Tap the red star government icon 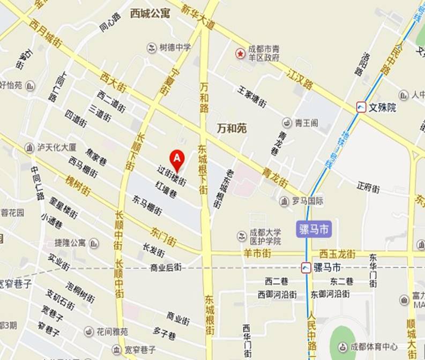(241, 54)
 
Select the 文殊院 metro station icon (362, 107)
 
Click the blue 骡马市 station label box (314, 230)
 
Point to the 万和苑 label (232, 129)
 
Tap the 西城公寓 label (150, 13)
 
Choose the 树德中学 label (175, 47)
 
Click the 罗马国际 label (308, 201)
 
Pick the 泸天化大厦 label (57, 147)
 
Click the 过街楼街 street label (172, 175)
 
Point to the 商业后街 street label (166, 267)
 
